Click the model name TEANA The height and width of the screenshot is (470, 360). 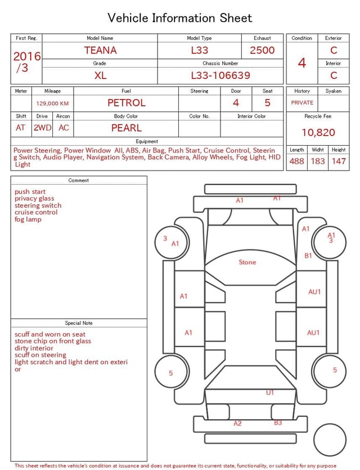tap(100, 50)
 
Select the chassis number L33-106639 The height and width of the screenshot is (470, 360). tap(220, 75)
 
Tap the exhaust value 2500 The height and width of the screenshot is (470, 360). tap(262, 50)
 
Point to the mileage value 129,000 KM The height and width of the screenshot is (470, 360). tap(52, 104)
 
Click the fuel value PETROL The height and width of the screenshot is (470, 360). tap(127, 103)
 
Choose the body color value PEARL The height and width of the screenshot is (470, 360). tap(127, 128)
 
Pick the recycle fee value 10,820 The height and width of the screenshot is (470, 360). tap(318, 132)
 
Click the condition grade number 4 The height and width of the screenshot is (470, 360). tap(302, 63)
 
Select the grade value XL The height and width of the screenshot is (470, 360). tap(100, 75)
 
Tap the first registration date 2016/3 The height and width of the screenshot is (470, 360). tap(26, 62)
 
